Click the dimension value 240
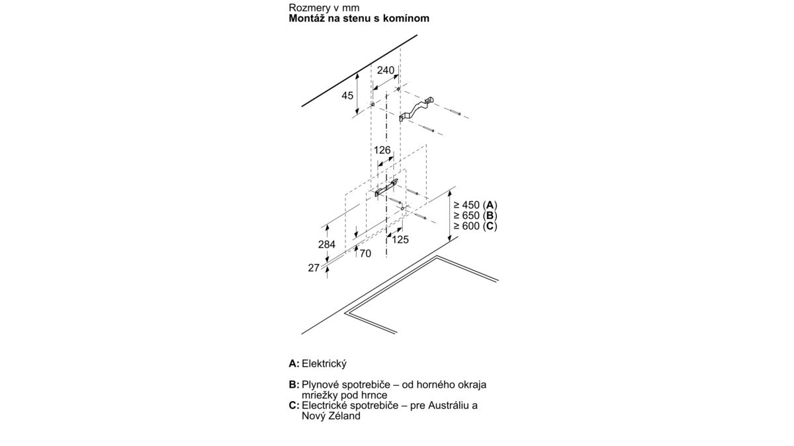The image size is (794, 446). click(x=385, y=70)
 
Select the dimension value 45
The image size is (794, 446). click(x=347, y=95)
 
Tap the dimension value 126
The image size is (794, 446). click(x=382, y=150)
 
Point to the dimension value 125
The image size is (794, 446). click(x=400, y=240)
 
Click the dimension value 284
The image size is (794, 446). click(x=326, y=244)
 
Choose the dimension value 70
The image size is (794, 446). click(x=365, y=253)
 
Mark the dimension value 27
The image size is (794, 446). click(x=314, y=268)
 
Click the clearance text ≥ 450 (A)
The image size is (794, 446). click(x=475, y=205)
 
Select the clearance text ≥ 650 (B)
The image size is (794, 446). click(x=475, y=215)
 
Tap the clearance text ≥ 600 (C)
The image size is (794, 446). click(x=475, y=226)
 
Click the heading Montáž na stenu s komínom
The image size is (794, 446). click(x=359, y=19)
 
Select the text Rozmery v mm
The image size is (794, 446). click(x=324, y=7)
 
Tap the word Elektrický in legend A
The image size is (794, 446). click(x=324, y=364)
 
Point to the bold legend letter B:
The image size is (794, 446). click(x=294, y=384)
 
